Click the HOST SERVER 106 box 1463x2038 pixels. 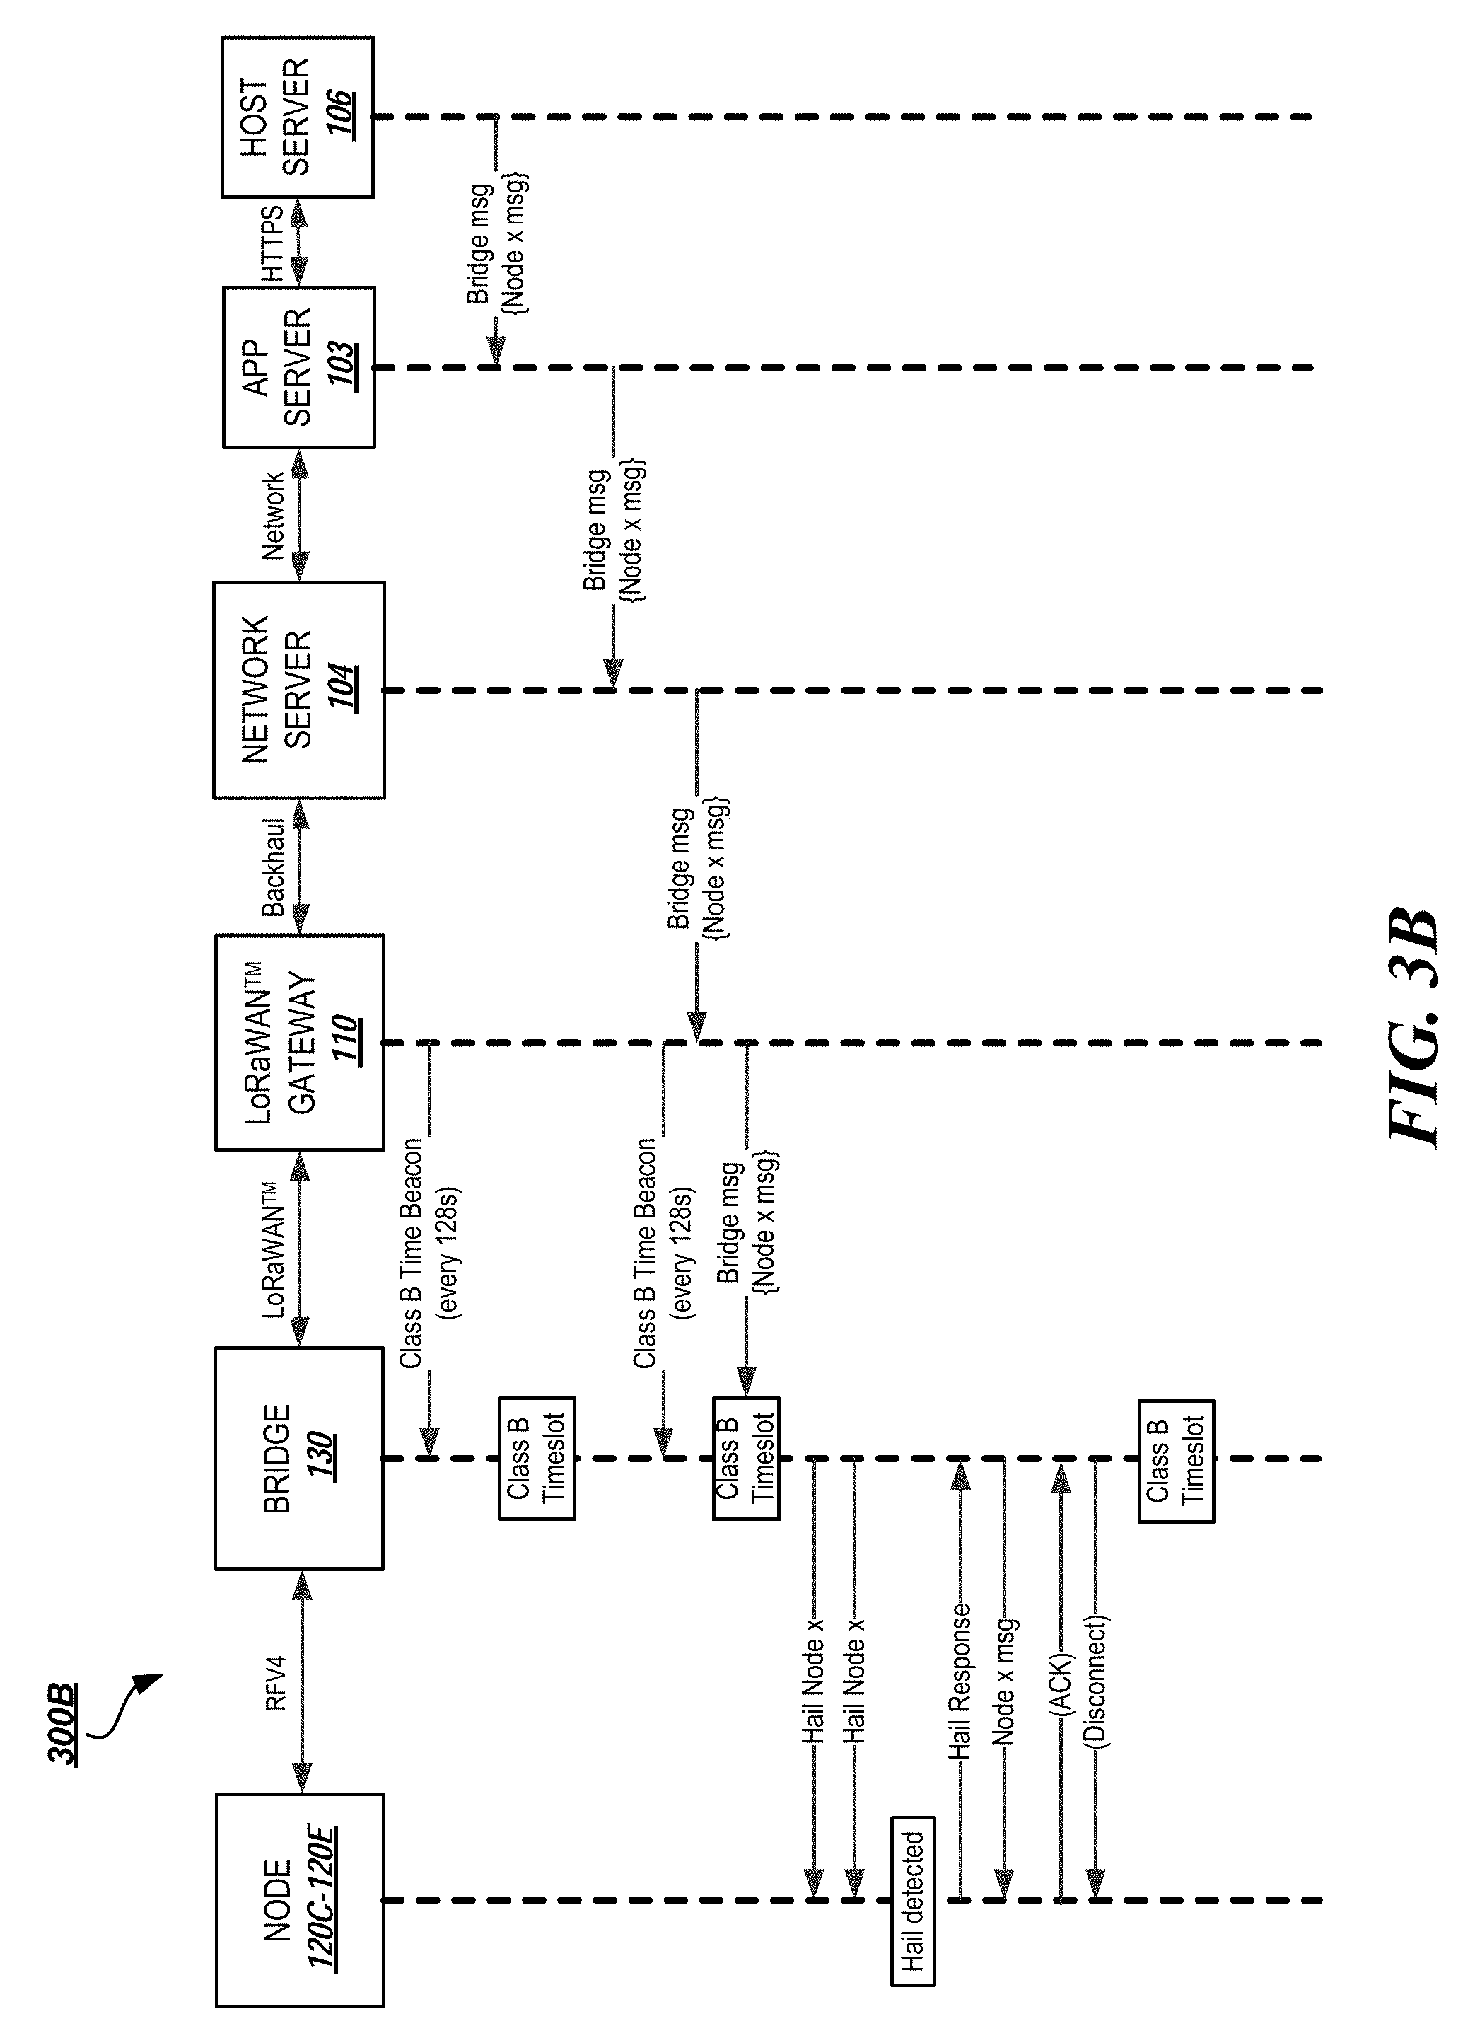tap(297, 117)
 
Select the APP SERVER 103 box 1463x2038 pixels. tap(298, 368)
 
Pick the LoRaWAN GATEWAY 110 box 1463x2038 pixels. tap(298, 1043)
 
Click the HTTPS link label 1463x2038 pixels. tap(272, 243)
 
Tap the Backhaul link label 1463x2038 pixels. tap(274, 867)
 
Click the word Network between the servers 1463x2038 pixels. tap(272, 516)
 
